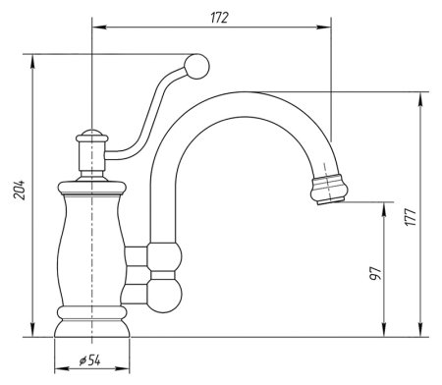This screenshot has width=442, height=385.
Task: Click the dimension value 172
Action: [219, 18]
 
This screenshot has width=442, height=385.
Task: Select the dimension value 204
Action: [20, 190]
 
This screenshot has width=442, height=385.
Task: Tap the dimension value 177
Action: [411, 216]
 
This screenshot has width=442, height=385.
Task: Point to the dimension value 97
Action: [375, 273]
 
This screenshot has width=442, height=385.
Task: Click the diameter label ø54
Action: [89, 360]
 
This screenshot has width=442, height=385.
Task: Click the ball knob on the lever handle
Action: [196, 67]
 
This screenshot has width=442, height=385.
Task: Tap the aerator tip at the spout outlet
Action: [329, 190]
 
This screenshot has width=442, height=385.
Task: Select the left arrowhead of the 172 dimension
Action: [99, 27]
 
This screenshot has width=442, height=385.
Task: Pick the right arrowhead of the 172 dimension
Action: [323, 27]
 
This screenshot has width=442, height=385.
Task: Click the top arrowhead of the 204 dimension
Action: [32, 62]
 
